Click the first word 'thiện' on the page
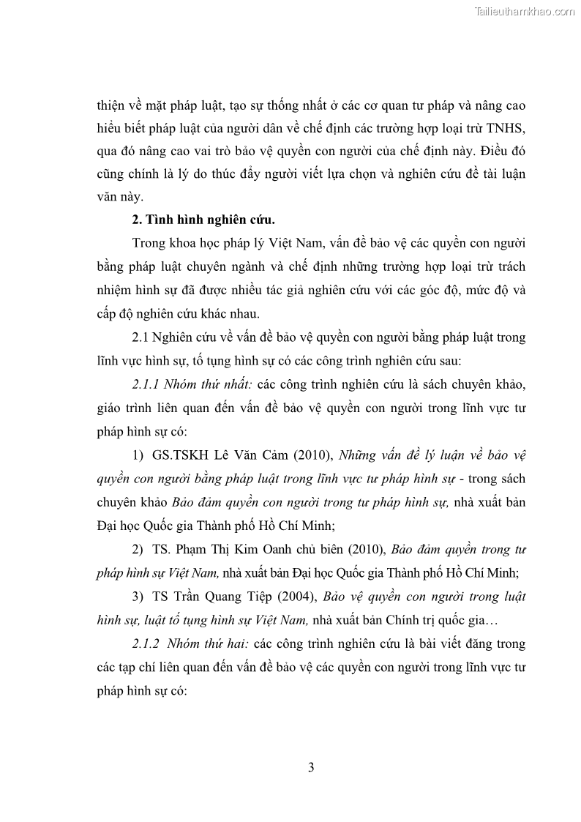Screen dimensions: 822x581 (113, 105)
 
